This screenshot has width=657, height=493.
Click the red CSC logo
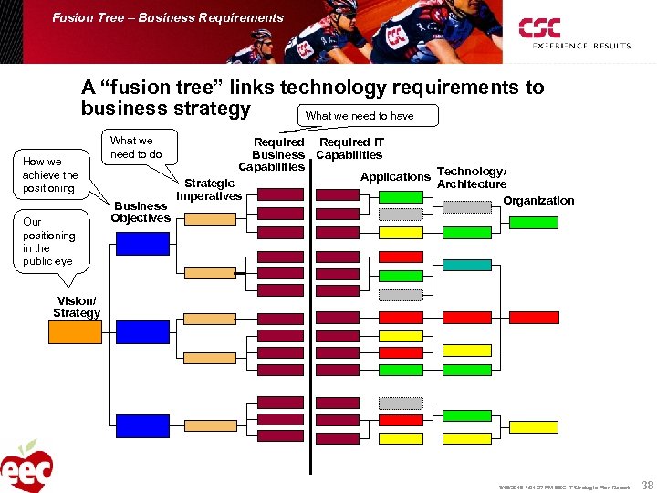[x=540, y=28]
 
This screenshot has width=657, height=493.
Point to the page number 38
[x=647, y=486]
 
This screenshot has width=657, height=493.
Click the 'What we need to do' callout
[x=137, y=147]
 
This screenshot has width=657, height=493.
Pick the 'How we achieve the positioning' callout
[x=50, y=174]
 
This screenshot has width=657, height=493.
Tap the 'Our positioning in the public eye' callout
[x=48, y=241]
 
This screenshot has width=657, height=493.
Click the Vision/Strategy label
[x=77, y=307]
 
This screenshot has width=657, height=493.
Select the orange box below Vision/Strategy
[x=75, y=332]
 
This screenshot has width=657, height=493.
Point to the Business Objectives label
[x=141, y=212]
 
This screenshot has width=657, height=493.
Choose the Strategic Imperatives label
[x=209, y=190]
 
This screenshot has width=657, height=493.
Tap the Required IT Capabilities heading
[x=350, y=148]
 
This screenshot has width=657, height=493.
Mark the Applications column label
[x=395, y=176]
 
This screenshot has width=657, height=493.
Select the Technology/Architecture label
[x=472, y=178]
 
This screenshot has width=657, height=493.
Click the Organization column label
[x=539, y=201]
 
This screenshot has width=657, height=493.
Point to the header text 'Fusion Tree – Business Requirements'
[x=168, y=17]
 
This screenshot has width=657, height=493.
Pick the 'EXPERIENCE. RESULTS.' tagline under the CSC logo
[x=568, y=45]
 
